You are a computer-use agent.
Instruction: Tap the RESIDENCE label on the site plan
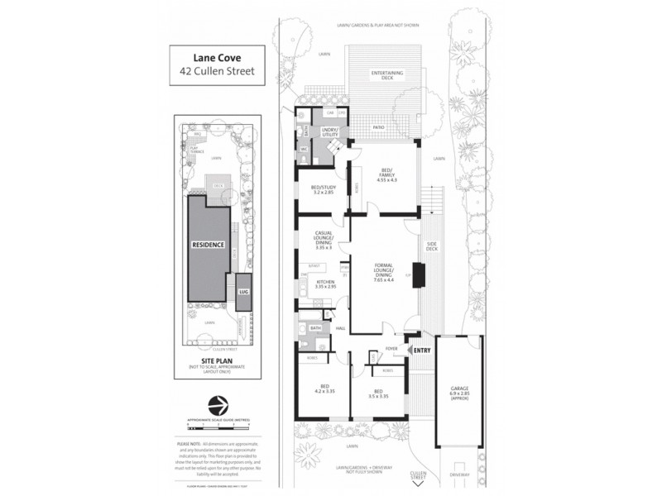pyautogui.click(x=208, y=245)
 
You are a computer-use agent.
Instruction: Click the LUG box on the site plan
pyautogui.click(x=243, y=293)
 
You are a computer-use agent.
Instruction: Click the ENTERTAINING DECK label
pyautogui.click(x=386, y=76)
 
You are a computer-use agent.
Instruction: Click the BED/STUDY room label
pyautogui.click(x=324, y=188)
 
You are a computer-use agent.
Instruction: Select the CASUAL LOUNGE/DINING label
pyautogui.click(x=324, y=239)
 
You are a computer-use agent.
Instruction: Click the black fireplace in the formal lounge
pyautogui.click(x=419, y=274)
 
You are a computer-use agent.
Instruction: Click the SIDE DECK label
pyautogui.click(x=431, y=247)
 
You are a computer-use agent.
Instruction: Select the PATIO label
pyautogui.click(x=378, y=127)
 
